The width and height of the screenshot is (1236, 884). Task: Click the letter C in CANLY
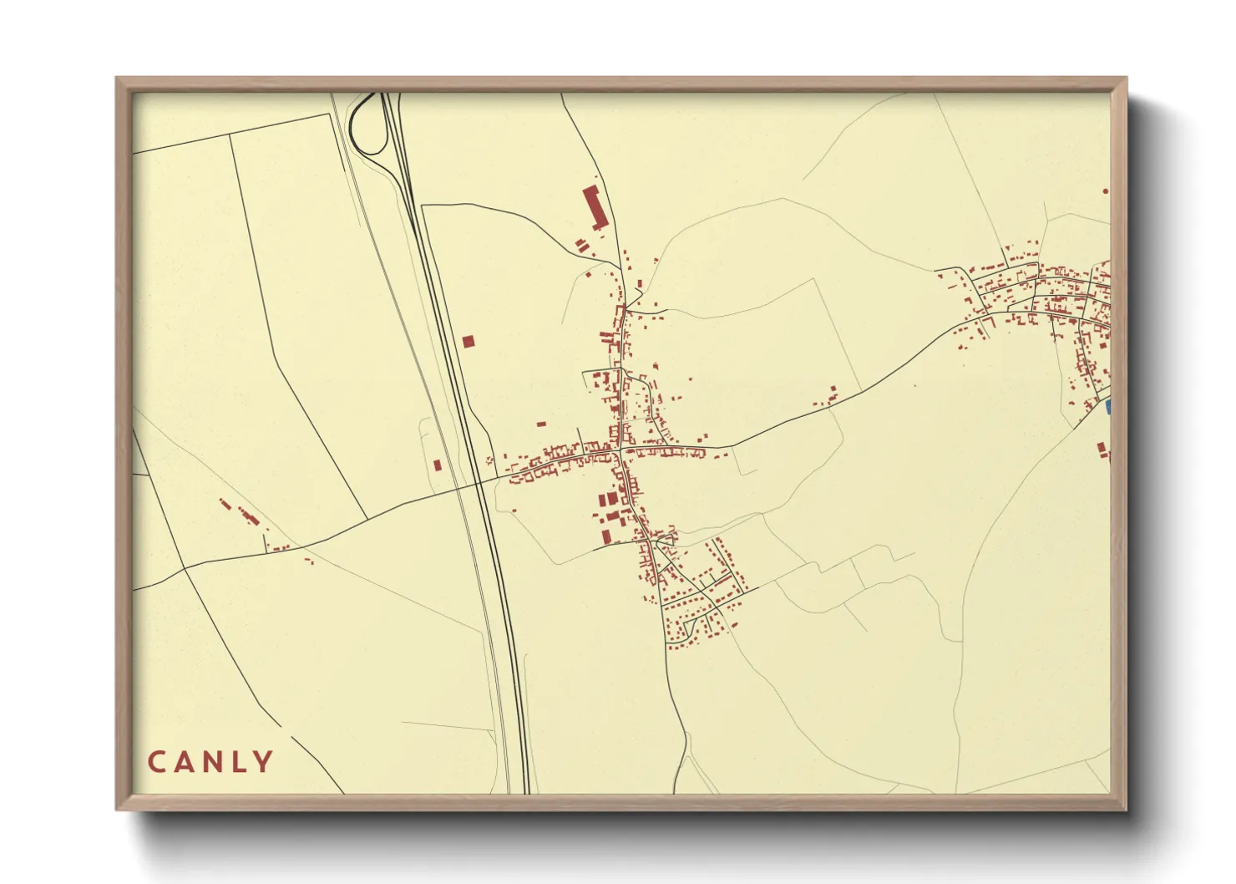coord(156,762)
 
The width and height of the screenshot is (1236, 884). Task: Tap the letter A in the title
coord(184,762)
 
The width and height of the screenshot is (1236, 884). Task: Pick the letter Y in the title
coord(264,762)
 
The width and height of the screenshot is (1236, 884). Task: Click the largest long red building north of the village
coord(592,207)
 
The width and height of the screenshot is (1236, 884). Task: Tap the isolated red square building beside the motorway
coord(468,341)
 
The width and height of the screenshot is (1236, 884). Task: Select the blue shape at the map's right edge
coord(1108,407)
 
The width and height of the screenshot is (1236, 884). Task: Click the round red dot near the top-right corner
coord(1106,191)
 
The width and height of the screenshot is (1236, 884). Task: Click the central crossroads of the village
coord(622,451)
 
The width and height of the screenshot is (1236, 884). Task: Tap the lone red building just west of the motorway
coord(437,464)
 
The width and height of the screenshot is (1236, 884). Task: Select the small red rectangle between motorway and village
coord(540,424)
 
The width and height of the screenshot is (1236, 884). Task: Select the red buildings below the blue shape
coord(1104,450)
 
